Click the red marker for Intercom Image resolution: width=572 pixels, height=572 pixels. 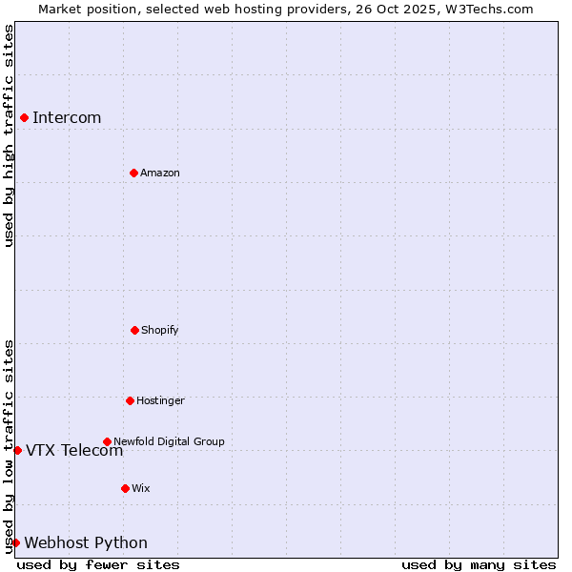click(x=24, y=117)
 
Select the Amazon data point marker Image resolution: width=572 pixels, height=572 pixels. click(x=133, y=173)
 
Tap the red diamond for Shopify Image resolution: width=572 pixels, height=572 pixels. click(x=134, y=330)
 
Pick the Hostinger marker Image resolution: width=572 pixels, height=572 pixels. click(x=130, y=400)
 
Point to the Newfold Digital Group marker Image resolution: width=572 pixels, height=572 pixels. click(x=107, y=441)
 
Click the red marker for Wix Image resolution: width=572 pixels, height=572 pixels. click(x=125, y=488)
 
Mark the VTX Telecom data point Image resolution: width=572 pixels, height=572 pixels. click(x=17, y=450)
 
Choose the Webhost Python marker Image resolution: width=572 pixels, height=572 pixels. click(x=15, y=542)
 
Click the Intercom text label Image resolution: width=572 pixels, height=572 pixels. click(x=67, y=117)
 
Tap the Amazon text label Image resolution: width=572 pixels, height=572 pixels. click(x=160, y=173)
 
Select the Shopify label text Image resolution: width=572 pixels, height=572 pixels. click(x=160, y=330)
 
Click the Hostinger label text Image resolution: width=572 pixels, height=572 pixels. click(x=160, y=400)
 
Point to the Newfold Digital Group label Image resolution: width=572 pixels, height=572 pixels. click(x=169, y=441)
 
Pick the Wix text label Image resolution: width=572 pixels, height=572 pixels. click(x=141, y=488)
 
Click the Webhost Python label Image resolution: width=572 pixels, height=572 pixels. click(x=86, y=542)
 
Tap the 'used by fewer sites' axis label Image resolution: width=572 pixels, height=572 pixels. click(x=98, y=564)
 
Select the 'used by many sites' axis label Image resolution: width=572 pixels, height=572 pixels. click(x=479, y=564)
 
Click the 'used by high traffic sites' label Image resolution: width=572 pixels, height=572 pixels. click(x=9, y=135)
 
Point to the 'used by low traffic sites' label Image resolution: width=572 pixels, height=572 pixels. click(x=9, y=445)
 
